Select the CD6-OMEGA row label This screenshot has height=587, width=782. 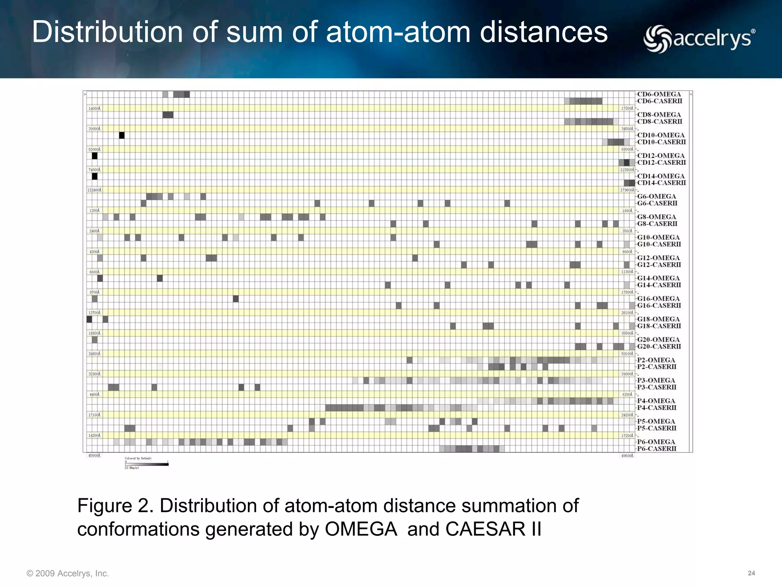659,94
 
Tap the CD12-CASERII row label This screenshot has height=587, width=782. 661,163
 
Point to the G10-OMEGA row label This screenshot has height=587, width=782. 658,237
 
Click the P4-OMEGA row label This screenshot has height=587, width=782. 656,401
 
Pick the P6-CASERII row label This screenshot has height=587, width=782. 656,449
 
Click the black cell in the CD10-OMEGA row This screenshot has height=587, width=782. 122,135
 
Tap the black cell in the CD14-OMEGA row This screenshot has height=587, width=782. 95,176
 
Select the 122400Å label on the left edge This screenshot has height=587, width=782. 94,190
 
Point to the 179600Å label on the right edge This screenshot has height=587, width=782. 627,190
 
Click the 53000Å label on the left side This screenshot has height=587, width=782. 94,149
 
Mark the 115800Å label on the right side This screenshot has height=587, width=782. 627,170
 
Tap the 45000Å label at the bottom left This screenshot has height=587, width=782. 94,456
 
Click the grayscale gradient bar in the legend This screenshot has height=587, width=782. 147,464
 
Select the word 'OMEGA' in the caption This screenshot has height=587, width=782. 361,529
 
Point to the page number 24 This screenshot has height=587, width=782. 751,573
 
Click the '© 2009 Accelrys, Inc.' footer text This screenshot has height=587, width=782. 68,574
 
